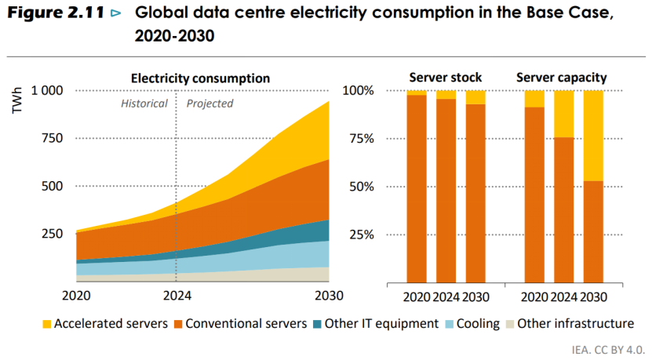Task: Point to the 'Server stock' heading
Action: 445,78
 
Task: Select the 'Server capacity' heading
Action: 561,78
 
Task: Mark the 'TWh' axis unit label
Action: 17,104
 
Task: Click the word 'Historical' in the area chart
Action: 144,104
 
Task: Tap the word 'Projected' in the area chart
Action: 209,104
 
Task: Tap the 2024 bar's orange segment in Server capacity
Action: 564,209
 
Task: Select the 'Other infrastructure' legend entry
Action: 577,324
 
